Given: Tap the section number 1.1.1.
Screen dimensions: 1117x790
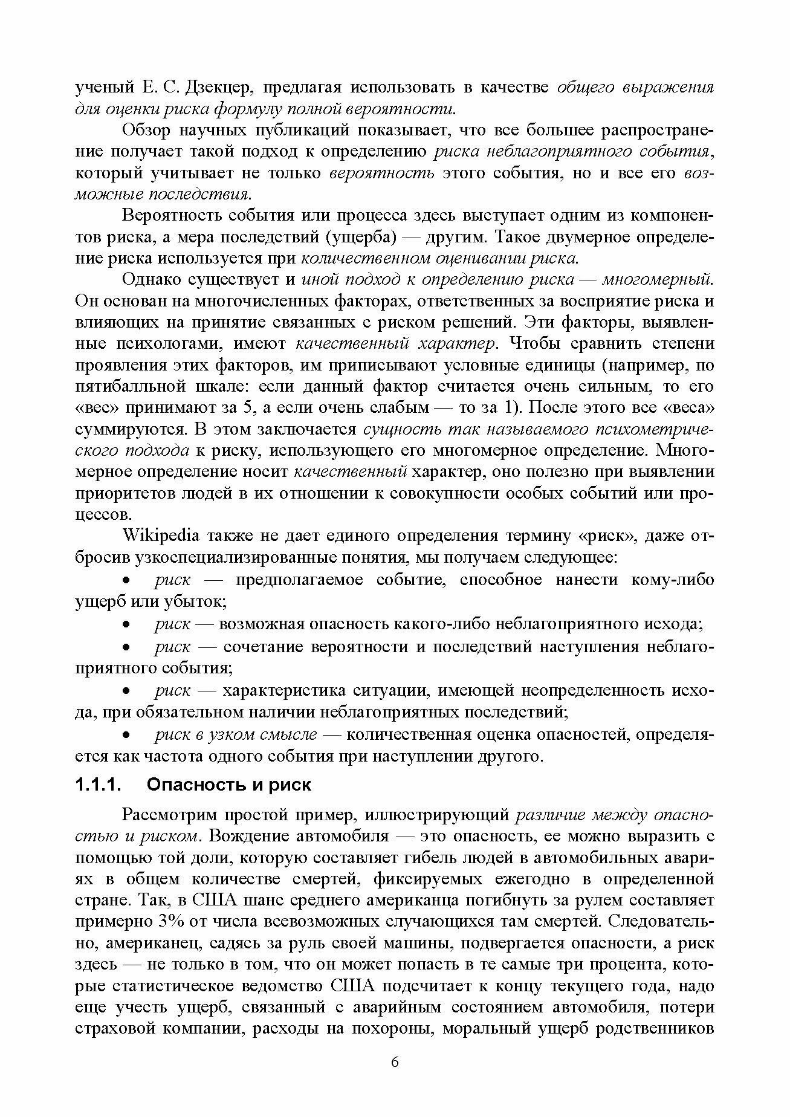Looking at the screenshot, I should click(x=99, y=785).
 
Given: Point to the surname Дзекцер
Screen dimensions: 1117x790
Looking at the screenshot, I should click(x=210, y=88).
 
